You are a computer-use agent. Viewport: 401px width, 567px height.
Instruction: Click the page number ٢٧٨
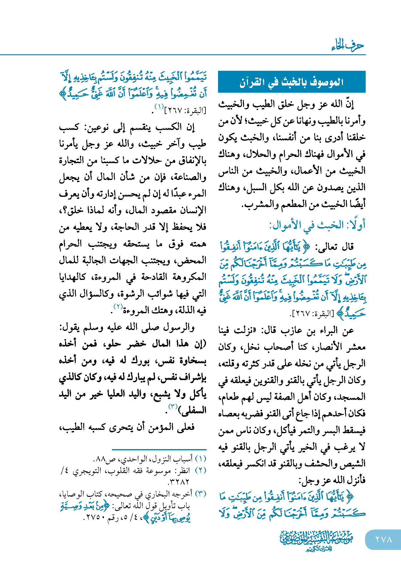384,539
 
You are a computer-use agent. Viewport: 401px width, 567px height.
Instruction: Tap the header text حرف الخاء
348,46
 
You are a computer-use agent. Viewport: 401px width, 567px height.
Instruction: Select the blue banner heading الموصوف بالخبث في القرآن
291,82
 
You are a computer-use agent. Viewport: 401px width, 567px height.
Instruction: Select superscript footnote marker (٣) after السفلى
173,407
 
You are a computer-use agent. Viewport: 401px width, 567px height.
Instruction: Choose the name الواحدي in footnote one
134,459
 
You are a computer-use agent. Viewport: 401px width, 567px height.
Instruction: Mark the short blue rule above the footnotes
159,449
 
